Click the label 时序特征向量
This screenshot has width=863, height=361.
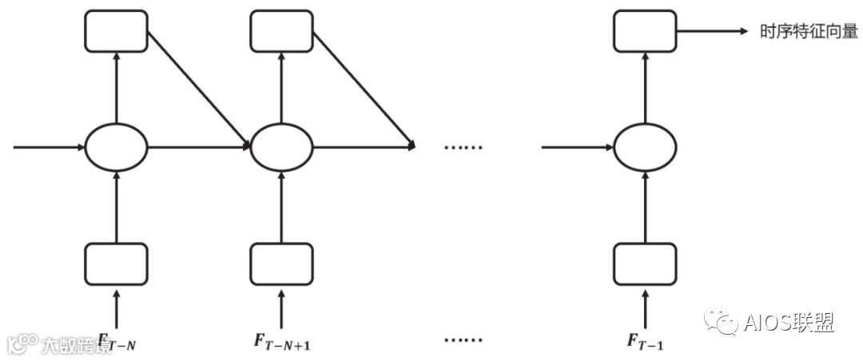pyautogui.click(x=808, y=32)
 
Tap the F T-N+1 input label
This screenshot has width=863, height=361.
pyautogui.click(x=282, y=342)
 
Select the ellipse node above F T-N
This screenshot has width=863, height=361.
pyautogui.click(x=117, y=148)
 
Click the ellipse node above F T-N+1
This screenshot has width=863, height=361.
pyautogui.click(x=280, y=148)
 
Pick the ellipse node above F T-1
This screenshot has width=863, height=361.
pyautogui.click(x=644, y=148)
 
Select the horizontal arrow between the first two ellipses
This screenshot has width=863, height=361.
pyautogui.click(x=198, y=148)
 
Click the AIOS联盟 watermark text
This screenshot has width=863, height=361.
pyautogui.click(x=788, y=323)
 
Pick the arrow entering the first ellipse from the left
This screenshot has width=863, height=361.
pyautogui.click(x=48, y=148)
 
